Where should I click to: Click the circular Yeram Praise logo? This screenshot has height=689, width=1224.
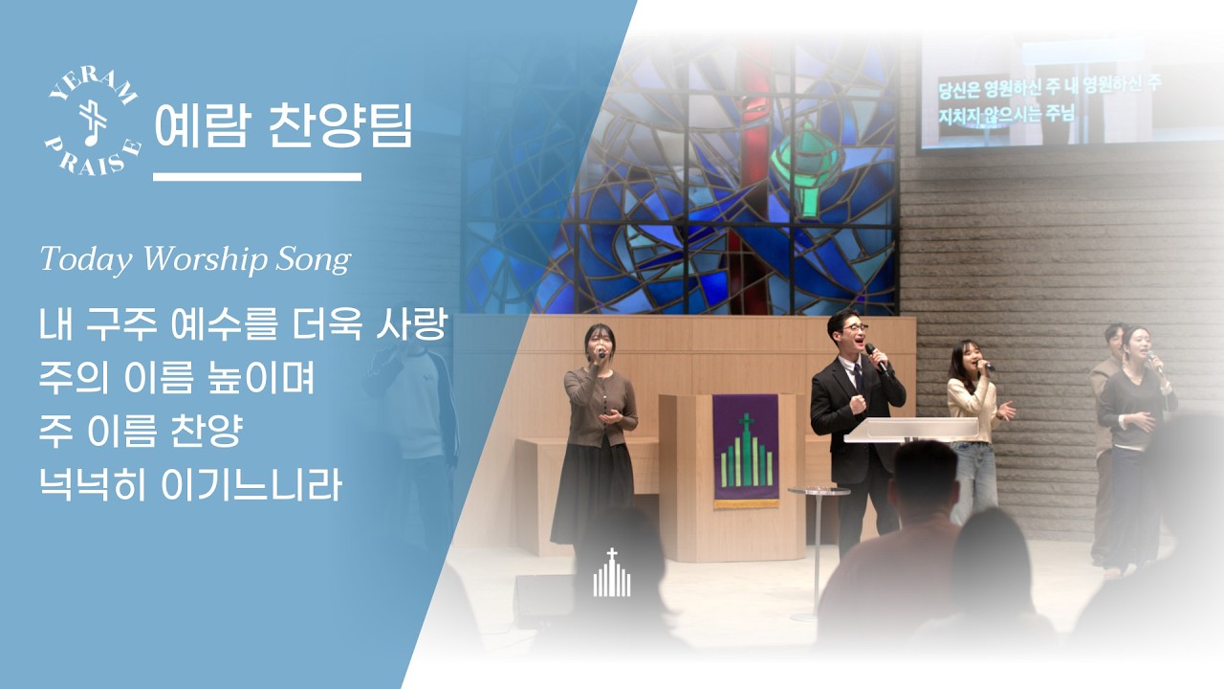pyautogui.click(x=94, y=123)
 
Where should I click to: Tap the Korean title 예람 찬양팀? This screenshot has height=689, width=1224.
pyautogui.click(x=284, y=123)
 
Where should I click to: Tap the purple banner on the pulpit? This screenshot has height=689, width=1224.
pyautogui.click(x=745, y=450)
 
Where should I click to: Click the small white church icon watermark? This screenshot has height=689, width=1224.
pyautogui.click(x=612, y=574)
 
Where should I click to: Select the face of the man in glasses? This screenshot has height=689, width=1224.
pyautogui.click(x=848, y=332)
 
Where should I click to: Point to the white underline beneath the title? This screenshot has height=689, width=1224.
pyautogui.click(x=257, y=177)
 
